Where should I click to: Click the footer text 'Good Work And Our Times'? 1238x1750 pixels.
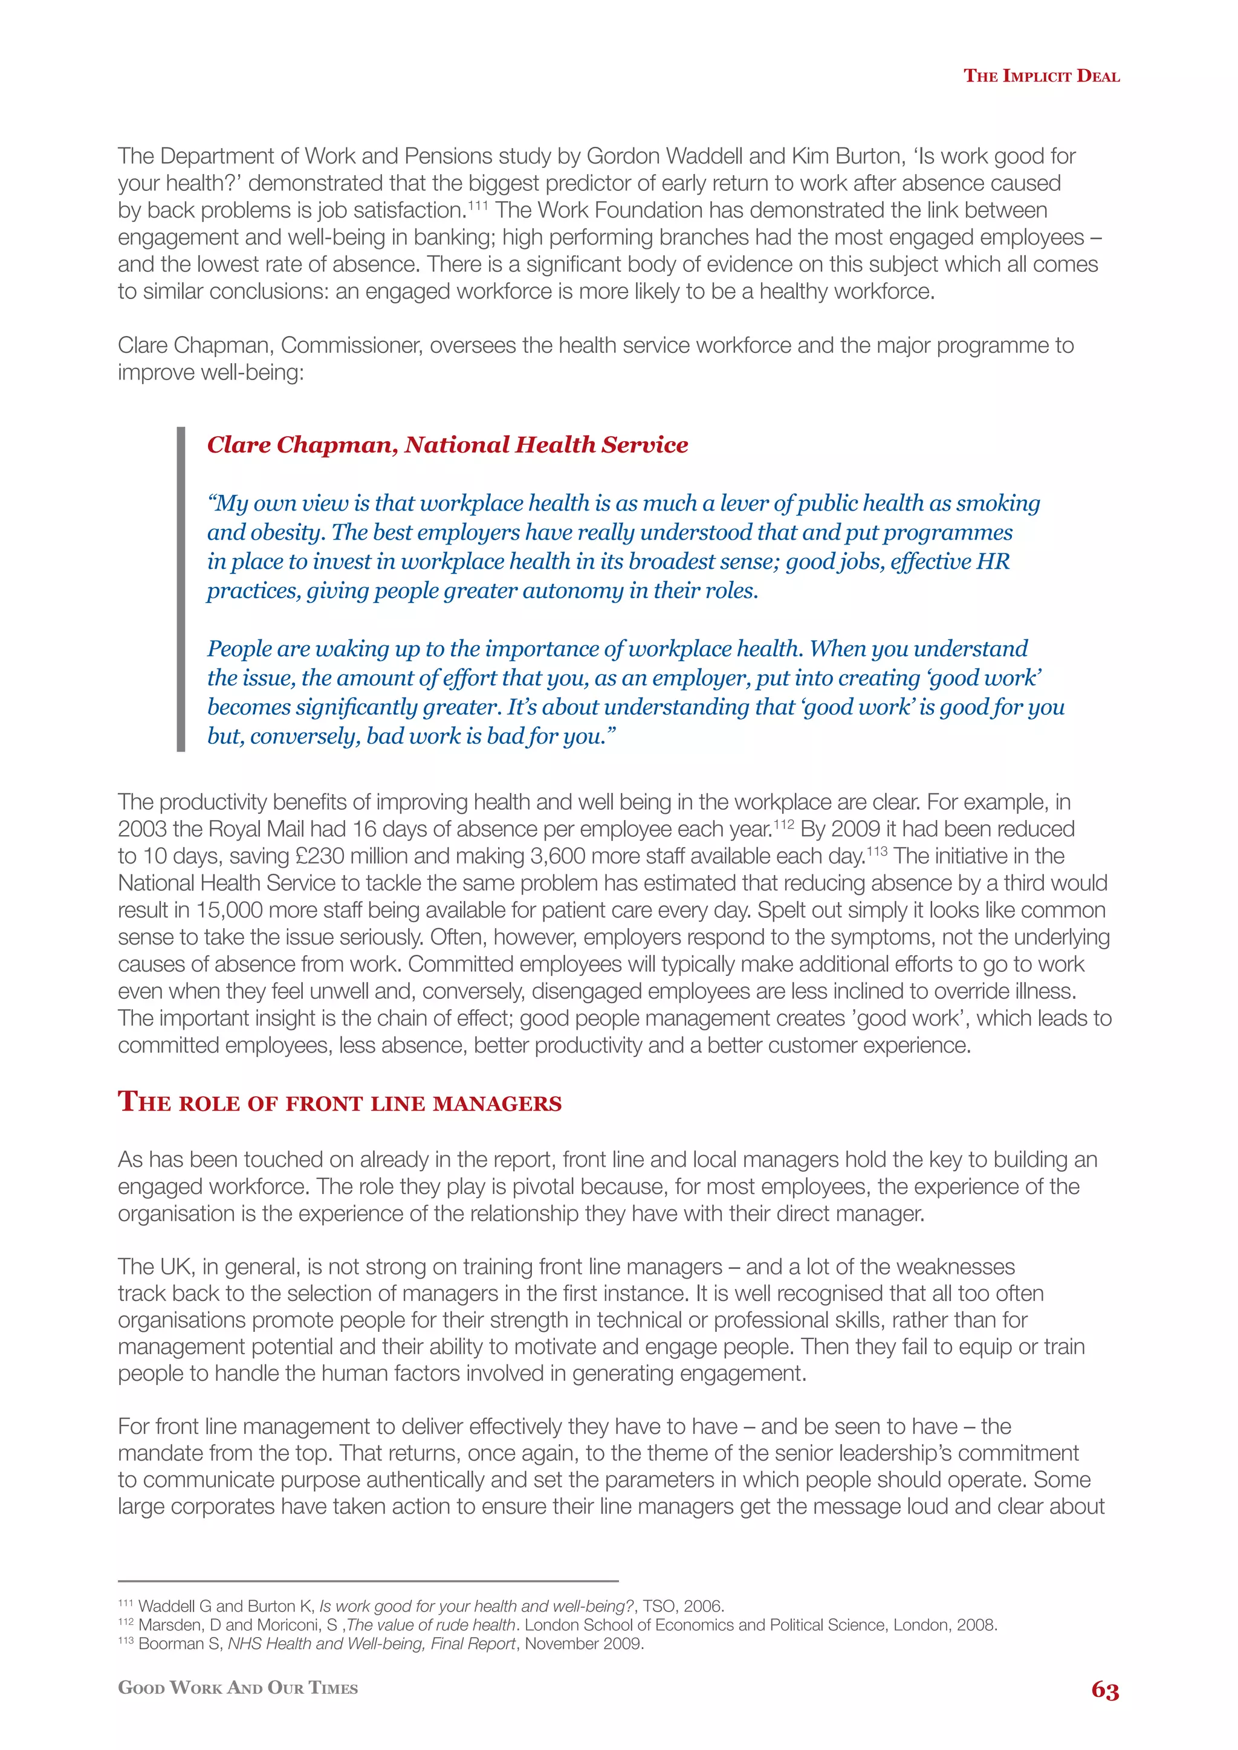point(238,1688)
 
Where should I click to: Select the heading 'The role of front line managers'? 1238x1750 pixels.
point(339,1102)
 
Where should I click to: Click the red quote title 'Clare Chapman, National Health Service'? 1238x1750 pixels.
point(447,444)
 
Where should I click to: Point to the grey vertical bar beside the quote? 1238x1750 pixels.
point(181,589)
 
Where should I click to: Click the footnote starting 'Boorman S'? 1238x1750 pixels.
point(381,1643)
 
